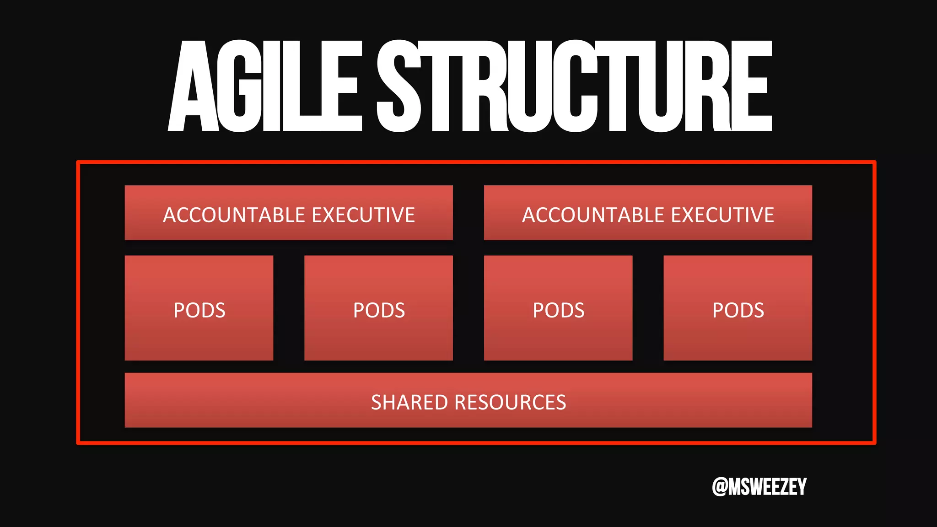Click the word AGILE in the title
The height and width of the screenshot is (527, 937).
264,87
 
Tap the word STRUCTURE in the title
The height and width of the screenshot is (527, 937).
574,87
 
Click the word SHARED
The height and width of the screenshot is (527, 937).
409,403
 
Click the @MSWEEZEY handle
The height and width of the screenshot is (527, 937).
759,486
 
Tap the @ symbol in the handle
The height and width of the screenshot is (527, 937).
720,487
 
